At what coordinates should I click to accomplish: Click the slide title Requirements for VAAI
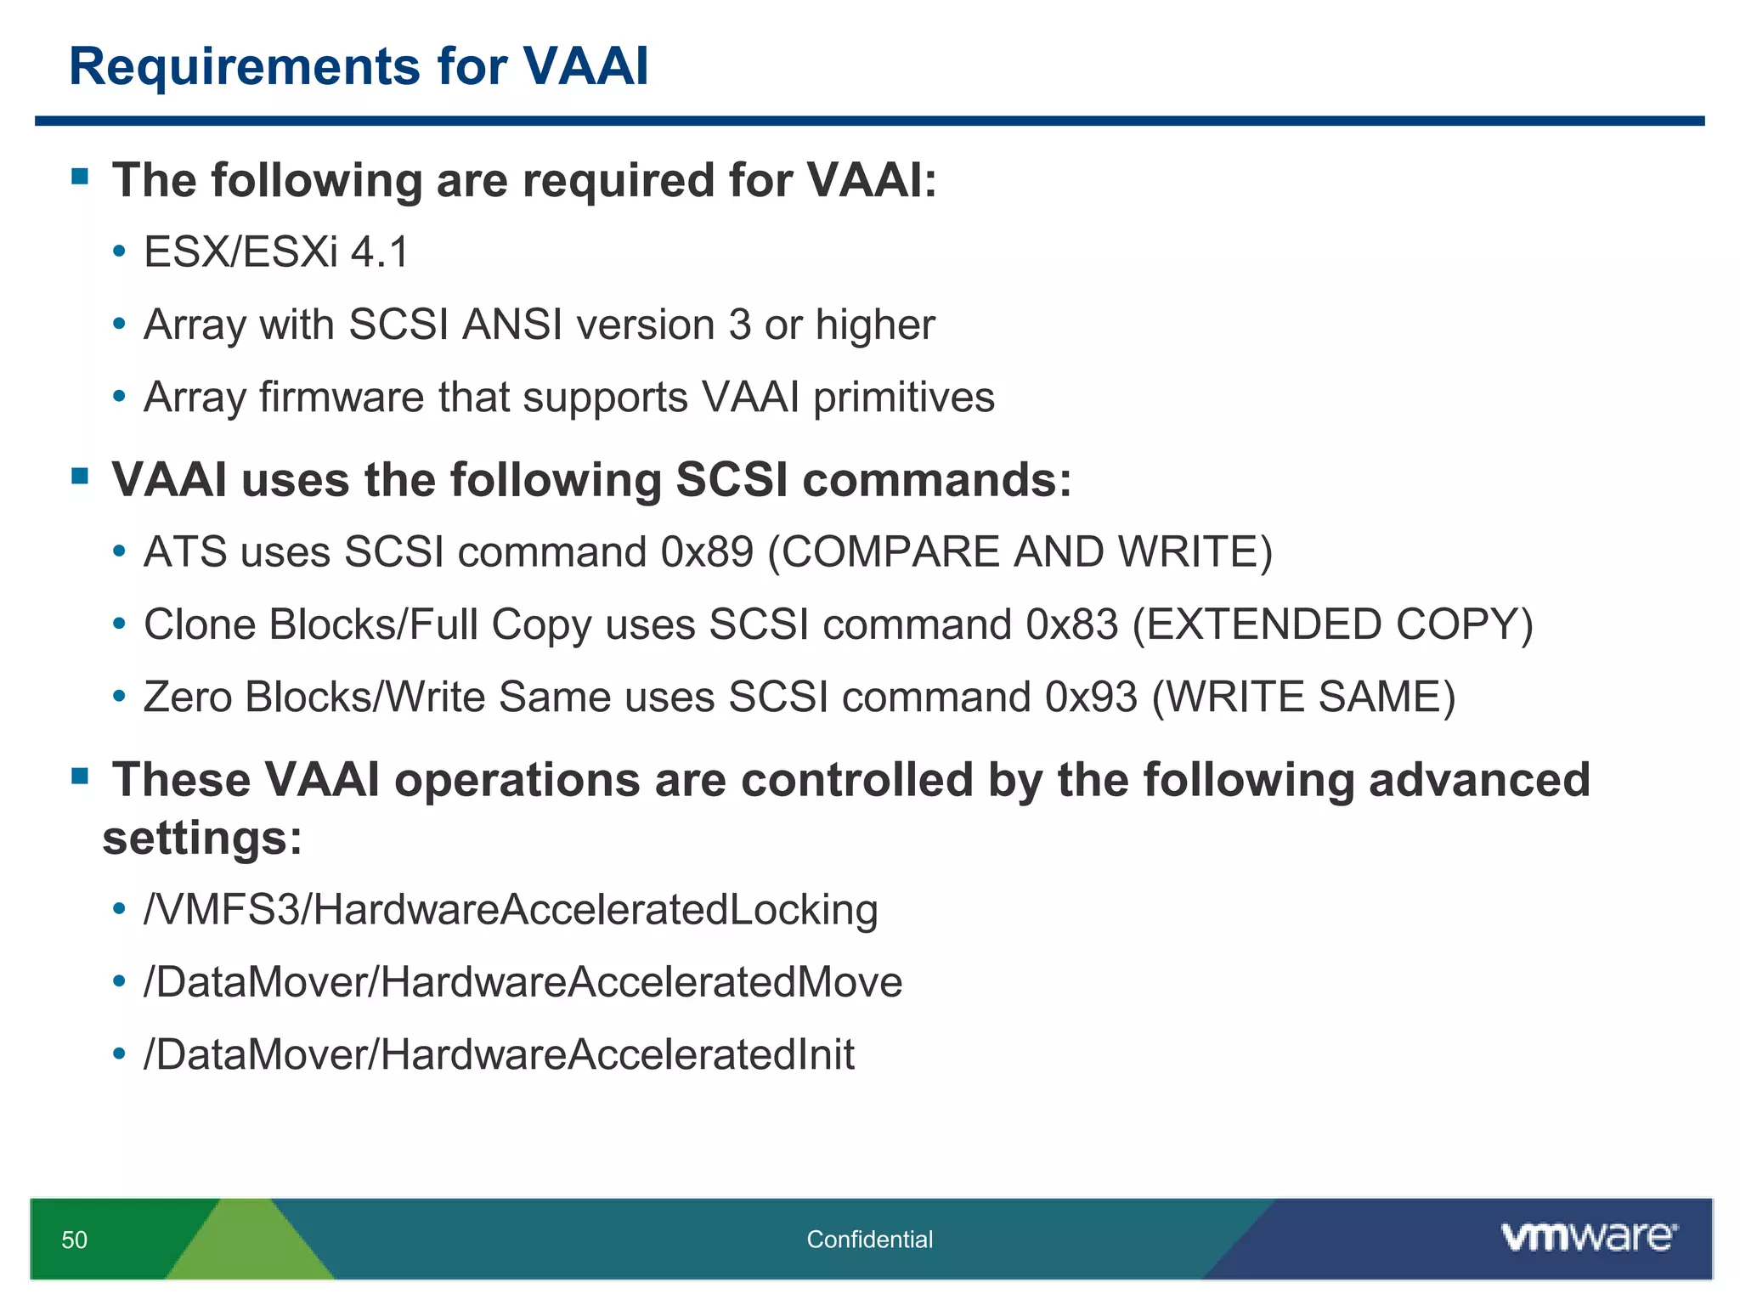click(359, 66)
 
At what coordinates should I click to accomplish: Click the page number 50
click(74, 1240)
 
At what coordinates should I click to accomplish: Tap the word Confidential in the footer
click(869, 1240)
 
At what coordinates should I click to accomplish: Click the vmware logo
click(1588, 1237)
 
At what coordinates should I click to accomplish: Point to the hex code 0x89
click(707, 552)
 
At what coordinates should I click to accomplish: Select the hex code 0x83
click(1071, 624)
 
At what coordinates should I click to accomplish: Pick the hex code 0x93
click(1090, 697)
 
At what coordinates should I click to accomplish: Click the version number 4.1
click(380, 252)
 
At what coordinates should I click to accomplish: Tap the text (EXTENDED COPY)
click(1332, 624)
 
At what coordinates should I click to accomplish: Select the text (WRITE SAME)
click(1303, 697)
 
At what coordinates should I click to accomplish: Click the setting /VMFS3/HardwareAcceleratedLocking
click(511, 910)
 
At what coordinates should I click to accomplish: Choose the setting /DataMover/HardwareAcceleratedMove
click(523, 982)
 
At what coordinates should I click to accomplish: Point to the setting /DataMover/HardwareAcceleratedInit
click(499, 1054)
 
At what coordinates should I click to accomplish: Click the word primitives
click(903, 398)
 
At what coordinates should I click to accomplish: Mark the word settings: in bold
click(202, 839)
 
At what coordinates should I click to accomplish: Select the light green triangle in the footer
click(248, 1245)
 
